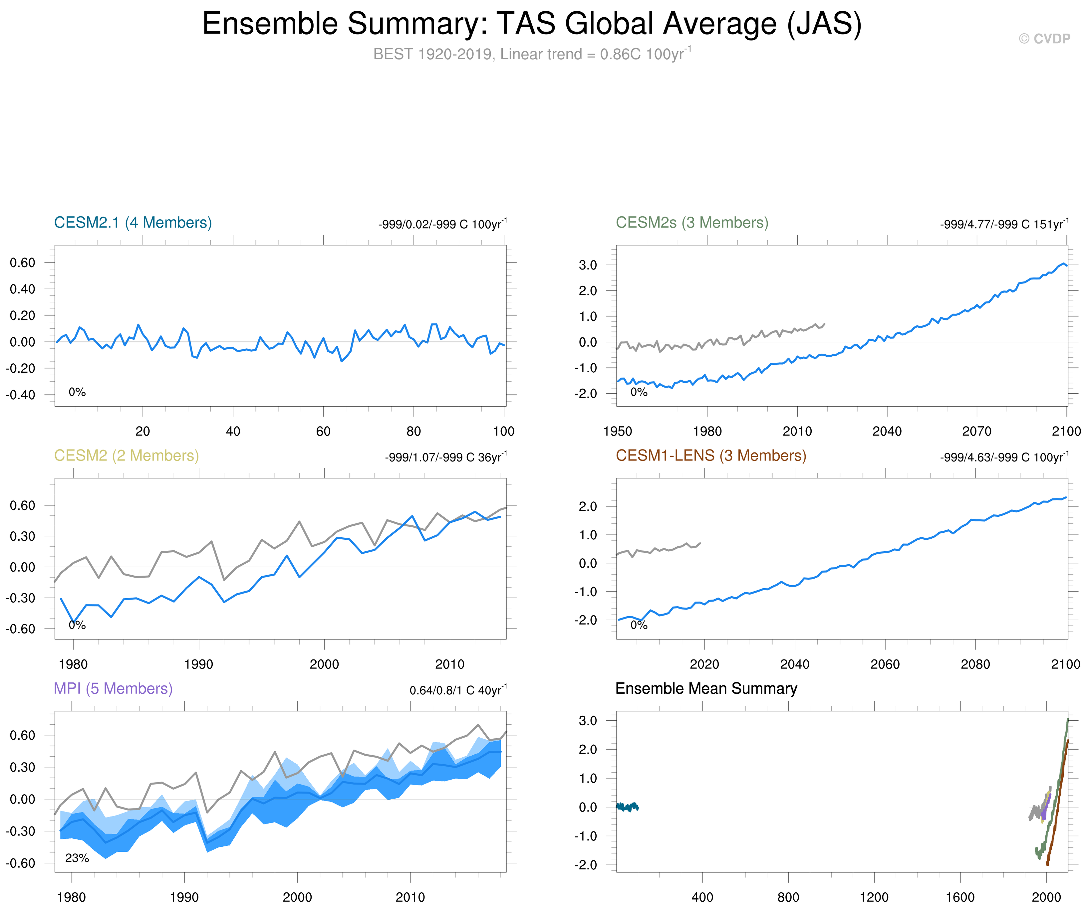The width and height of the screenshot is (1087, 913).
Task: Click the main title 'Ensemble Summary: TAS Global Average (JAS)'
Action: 532,24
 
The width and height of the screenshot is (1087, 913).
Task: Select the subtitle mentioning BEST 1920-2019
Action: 532,54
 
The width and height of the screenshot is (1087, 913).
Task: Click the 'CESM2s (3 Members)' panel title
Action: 692,223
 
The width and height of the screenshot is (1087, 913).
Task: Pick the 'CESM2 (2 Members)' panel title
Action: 127,456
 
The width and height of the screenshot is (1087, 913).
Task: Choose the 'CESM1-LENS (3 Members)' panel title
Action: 710,456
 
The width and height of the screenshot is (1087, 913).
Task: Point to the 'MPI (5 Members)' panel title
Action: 113,688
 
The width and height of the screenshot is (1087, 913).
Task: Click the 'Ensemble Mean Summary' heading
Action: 706,688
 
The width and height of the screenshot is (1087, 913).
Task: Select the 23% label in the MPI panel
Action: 77,858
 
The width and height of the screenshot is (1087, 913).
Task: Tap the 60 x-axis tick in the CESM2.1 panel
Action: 323,431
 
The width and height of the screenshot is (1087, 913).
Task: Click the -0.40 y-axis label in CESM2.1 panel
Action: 21,395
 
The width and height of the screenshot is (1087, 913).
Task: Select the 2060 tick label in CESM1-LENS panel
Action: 885,664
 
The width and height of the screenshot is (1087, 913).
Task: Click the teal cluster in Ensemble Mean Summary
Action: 627,807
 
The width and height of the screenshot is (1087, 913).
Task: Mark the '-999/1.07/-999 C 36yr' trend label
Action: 445,457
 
